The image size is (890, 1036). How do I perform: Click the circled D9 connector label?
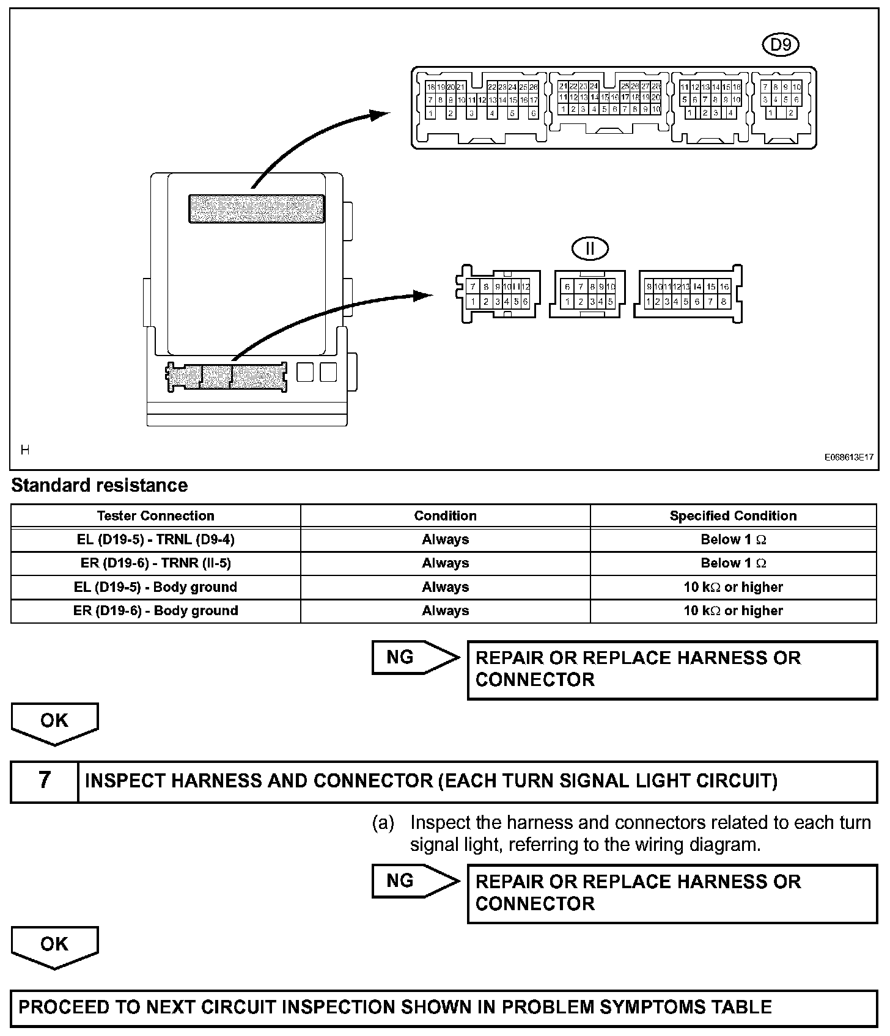coord(781,45)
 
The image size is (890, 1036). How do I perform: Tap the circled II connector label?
coord(590,248)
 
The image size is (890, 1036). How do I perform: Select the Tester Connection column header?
coord(155,516)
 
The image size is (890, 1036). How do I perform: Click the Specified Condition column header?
coord(733,516)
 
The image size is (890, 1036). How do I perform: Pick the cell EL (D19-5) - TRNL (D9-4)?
coord(155,539)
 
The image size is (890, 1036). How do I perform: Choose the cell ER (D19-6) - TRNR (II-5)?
coord(155,563)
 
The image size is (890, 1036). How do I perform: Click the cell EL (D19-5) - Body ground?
coord(155,587)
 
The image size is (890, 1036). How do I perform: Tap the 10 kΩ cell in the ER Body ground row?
coord(733,611)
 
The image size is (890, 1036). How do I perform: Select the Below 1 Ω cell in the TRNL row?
coord(733,539)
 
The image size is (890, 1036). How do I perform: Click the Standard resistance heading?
coord(100,486)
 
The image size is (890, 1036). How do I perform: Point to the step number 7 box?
coord(45,781)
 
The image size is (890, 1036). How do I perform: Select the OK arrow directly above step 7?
coord(54,723)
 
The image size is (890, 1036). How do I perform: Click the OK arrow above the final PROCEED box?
coord(54,946)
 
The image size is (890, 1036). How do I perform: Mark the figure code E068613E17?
coord(848,457)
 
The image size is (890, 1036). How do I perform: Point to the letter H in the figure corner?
coord(25,450)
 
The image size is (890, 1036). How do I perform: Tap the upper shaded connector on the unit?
coord(256,208)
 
